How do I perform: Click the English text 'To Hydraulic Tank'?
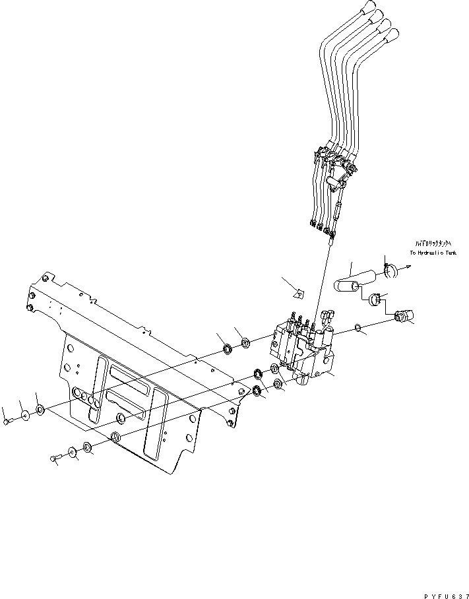point(432,253)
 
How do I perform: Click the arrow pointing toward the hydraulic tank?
point(407,267)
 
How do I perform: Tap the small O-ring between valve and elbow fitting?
point(358,327)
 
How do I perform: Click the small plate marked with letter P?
point(297,294)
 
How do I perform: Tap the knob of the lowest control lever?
point(395,35)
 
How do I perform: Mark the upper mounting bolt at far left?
point(6,421)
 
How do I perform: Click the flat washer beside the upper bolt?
point(24,416)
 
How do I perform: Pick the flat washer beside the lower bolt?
point(72,453)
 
